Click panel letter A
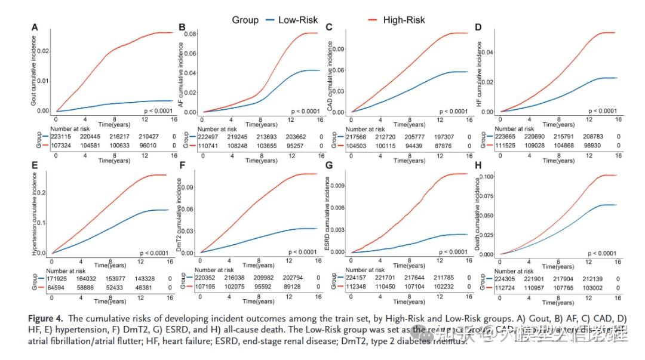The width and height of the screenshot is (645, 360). coord(35,27)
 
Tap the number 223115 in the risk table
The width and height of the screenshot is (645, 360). coord(63,136)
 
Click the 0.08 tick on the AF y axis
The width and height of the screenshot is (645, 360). coord(191,33)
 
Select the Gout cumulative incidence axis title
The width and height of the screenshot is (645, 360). coord(33,71)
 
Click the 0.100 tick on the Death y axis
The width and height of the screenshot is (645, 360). coord(486,177)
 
